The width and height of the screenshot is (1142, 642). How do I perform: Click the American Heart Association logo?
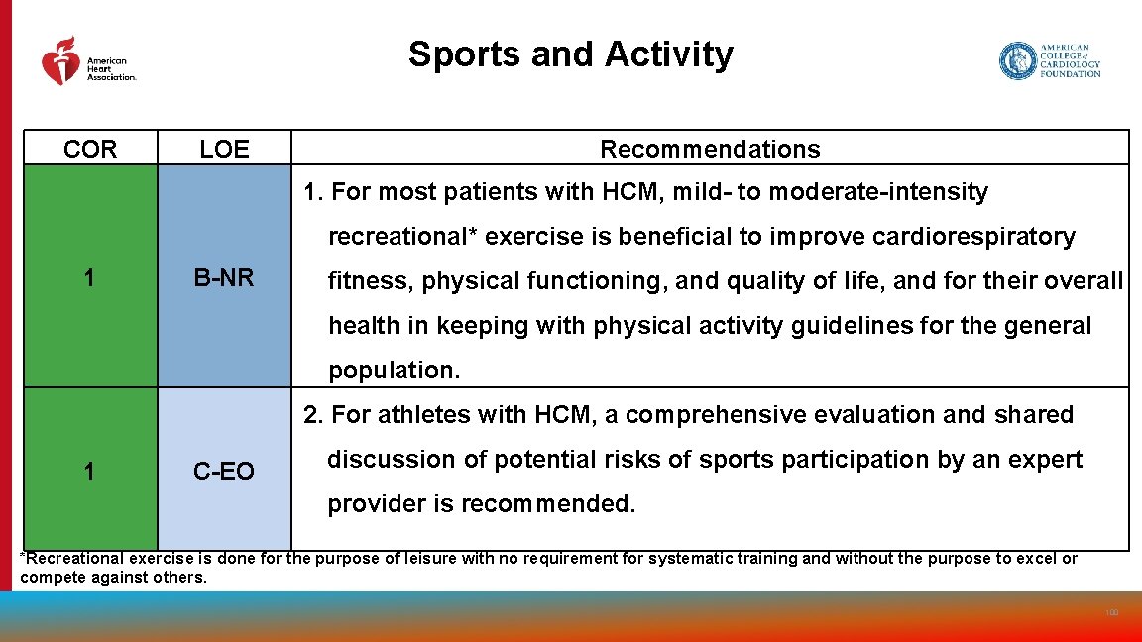click(x=87, y=61)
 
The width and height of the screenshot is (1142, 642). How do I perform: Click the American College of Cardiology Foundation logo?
click(x=1050, y=60)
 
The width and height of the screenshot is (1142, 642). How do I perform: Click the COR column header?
click(x=90, y=150)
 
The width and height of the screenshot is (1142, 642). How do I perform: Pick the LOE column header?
click(x=224, y=150)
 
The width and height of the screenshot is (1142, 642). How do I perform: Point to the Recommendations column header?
click(x=710, y=150)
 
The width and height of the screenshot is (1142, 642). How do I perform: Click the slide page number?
click(x=1111, y=613)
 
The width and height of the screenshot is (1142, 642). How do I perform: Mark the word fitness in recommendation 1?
click(x=369, y=281)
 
